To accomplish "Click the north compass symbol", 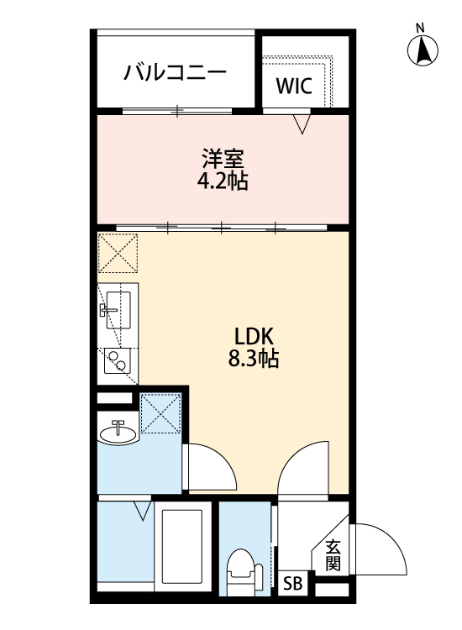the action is click(423, 46).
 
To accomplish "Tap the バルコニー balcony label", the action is click(175, 72).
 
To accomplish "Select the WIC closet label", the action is click(294, 85).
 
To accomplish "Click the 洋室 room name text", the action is click(223, 158).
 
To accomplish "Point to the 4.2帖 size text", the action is click(222, 181).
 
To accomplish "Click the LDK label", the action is click(254, 336).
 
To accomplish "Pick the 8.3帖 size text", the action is click(254, 359).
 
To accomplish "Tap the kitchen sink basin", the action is click(118, 310).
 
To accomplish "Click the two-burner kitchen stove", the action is click(118, 360).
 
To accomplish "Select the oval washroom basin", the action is click(118, 433).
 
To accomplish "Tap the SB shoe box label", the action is click(292, 584).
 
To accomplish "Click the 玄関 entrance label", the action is click(333, 556).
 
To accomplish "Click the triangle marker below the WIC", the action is click(302, 123).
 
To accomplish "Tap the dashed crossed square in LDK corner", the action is click(118, 254).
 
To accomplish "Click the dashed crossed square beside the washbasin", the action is click(160, 413).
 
